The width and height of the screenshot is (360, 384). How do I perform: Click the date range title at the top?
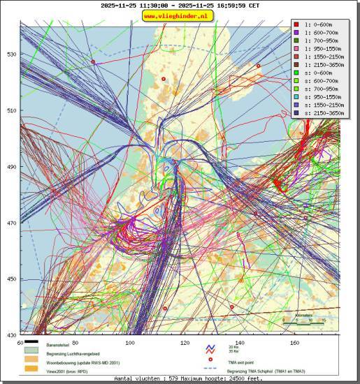[x=180, y=5]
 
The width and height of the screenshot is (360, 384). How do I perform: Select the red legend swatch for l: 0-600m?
[x=296, y=24]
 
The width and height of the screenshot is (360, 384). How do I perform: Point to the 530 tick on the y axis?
[x=12, y=54]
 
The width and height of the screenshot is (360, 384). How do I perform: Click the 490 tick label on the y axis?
[x=12, y=167]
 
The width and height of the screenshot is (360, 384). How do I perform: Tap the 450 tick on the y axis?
[x=12, y=279]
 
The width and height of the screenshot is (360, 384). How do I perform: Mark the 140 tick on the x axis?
[x=240, y=342]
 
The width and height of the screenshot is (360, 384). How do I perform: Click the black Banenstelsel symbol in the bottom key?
[x=30, y=345]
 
